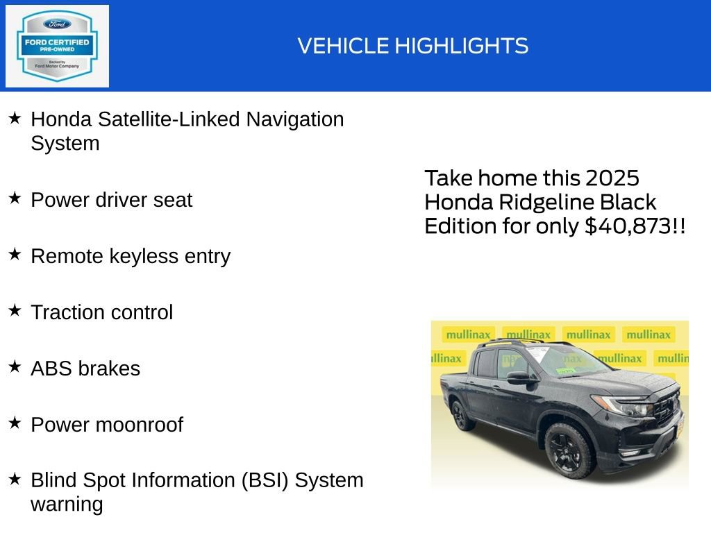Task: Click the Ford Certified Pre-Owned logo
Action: tap(57, 46)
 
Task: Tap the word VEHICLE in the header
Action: tap(344, 46)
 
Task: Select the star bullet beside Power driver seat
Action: tap(15, 198)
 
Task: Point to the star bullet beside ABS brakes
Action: tap(15, 367)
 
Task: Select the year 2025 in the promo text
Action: tap(612, 178)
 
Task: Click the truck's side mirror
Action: tap(519, 378)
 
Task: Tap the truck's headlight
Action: tap(620, 405)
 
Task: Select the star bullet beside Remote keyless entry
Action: tap(15, 255)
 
